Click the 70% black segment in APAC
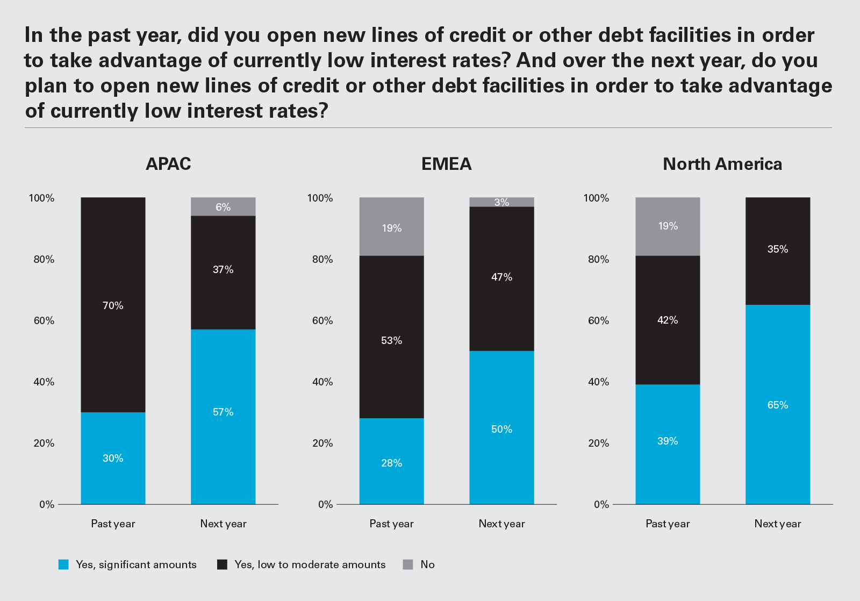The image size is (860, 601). (113, 305)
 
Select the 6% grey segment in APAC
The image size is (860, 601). (223, 207)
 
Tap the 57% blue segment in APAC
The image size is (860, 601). (223, 416)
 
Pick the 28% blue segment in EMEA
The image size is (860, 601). (391, 461)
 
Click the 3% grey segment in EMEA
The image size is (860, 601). (501, 202)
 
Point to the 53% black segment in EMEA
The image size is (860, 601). (391, 337)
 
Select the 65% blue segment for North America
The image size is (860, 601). (777, 404)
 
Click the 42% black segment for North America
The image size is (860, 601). (668, 320)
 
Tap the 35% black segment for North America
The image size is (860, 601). (777, 251)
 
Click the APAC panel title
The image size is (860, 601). (168, 164)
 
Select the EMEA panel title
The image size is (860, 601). (446, 164)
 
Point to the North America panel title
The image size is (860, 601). (722, 164)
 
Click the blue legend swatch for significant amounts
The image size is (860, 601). (63, 564)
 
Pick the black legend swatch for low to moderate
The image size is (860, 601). (222, 564)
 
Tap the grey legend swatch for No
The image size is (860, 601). (408, 564)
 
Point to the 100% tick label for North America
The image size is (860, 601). (596, 198)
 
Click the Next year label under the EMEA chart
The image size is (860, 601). (501, 524)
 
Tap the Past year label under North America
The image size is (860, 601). (668, 524)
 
